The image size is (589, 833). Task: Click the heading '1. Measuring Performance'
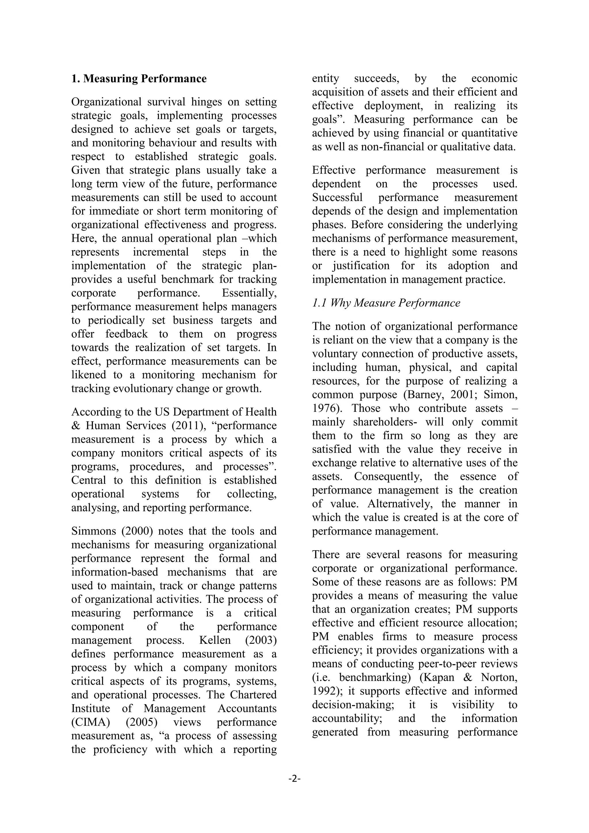(139, 79)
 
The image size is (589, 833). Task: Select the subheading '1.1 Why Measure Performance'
(386, 303)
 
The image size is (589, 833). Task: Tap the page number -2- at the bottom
(294, 779)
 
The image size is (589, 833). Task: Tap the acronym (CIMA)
(90, 722)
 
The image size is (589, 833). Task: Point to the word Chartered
(253, 695)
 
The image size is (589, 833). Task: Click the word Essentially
(250, 293)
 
